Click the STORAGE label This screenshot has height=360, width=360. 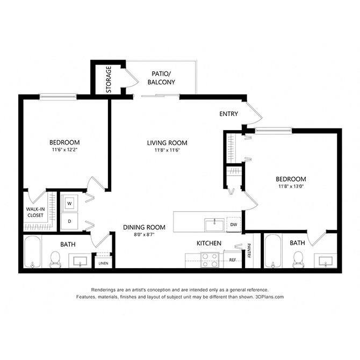coord(109,80)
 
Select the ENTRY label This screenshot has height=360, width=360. coord(229,114)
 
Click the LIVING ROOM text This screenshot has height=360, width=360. coord(167,142)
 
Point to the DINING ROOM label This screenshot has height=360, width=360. coord(144,227)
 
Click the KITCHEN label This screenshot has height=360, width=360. coord(209,243)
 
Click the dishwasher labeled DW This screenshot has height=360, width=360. coord(234,224)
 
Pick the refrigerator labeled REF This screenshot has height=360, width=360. coord(233,260)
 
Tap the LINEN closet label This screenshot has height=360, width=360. coord(102,263)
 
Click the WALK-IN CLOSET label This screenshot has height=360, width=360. coord(35,212)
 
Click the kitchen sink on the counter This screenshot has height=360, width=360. coord(213,222)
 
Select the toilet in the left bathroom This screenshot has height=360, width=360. coord(54,260)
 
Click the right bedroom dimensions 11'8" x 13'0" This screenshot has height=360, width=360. coord(291,187)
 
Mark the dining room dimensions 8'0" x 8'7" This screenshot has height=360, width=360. coord(144,235)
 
